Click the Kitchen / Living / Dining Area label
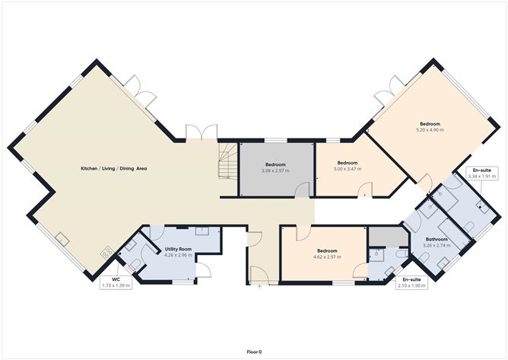pyautogui.click(x=114, y=169)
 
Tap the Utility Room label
pyautogui.click(x=178, y=249)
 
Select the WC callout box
pyautogui.click(x=116, y=282)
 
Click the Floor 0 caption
pyautogui.click(x=254, y=352)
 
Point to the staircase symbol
pyautogui.click(x=228, y=161)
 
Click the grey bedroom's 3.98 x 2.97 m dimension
pyautogui.click(x=275, y=170)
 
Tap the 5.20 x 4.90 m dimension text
pyautogui.click(x=430, y=129)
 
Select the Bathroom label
pyautogui.click(x=437, y=239)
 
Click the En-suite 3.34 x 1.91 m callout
pyautogui.click(x=481, y=174)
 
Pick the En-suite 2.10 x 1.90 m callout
pyautogui.click(x=411, y=282)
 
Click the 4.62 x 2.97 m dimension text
pyautogui.click(x=327, y=256)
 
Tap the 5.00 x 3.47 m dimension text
pyautogui.click(x=348, y=169)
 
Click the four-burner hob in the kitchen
pyautogui.click(x=107, y=253)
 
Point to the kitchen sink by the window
pyautogui.click(x=62, y=239)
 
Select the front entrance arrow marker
pyautogui.click(x=259, y=287)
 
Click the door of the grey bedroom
pyautogui.click(x=302, y=190)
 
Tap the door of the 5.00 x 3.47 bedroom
pyautogui.click(x=365, y=190)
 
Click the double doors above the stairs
pyautogui.click(x=202, y=132)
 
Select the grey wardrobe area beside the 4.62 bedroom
pyautogui.click(x=389, y=236)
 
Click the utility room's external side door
pyautogui.click(x=204, y=270)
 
